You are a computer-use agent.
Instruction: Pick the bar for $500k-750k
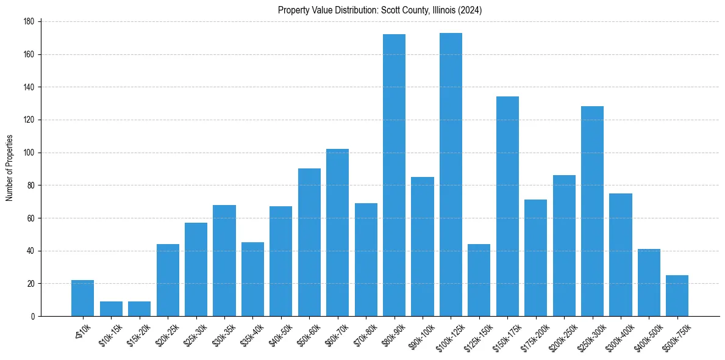(677, 296)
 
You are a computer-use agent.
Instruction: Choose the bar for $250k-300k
(592, 211)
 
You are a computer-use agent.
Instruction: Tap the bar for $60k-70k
(337, 232)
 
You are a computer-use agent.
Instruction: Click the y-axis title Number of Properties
(9, 168)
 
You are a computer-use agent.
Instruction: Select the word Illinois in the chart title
(434, 10)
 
